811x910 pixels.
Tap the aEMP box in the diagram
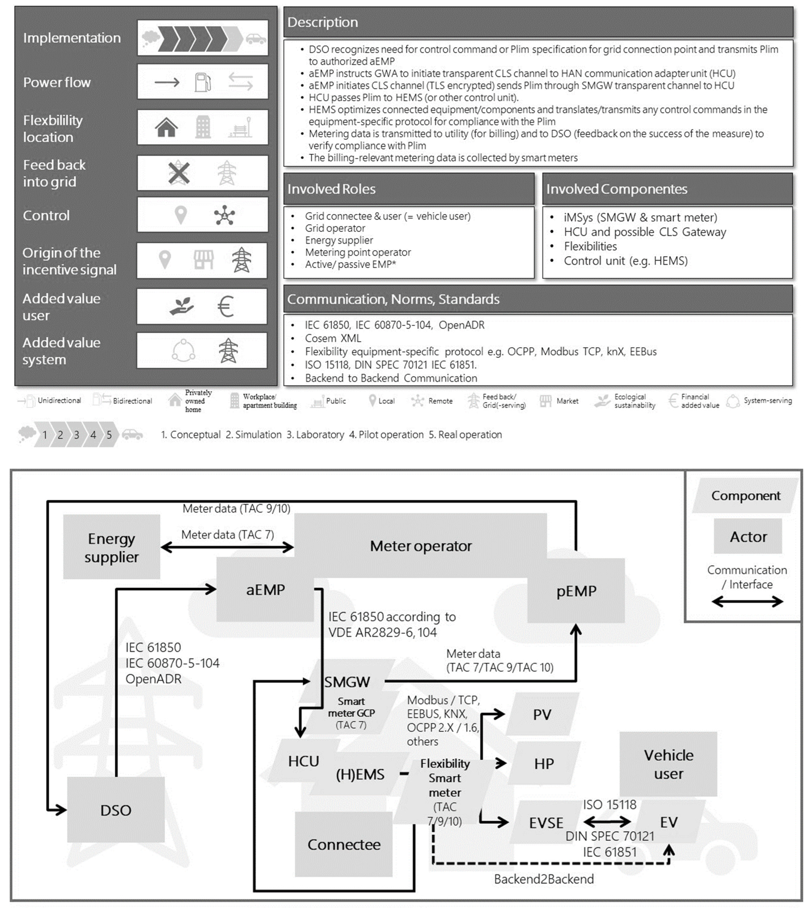(265, 590)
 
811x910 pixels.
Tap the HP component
(544, 763)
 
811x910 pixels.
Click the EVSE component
(546, 822)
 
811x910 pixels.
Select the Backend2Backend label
(544, 879)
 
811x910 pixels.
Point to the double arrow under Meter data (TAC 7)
(227, 547)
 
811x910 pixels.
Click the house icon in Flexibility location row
(166, 127)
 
